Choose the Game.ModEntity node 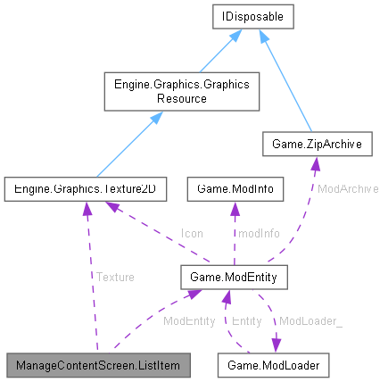[x=233, y=278]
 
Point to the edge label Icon [x=192, y=233]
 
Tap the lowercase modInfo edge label [x=258, y=233]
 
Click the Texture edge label [x=116, y=278]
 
